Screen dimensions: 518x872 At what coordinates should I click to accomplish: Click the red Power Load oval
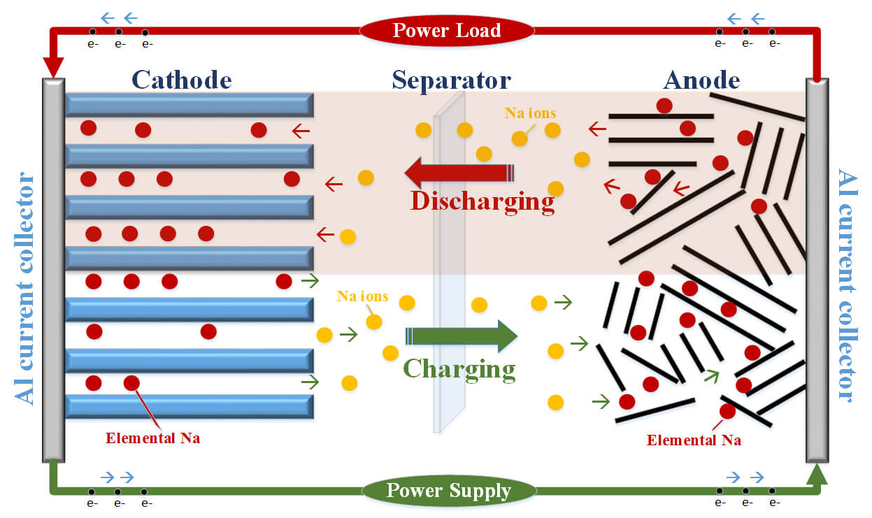tap(446, 31)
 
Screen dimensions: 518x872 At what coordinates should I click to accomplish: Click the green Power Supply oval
tap(448, 491)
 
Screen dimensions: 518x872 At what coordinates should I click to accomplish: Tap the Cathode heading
tap(181, 80)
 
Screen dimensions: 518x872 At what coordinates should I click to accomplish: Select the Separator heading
tap(451, 80)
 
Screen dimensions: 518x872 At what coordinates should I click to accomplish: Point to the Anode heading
tap(701, 80)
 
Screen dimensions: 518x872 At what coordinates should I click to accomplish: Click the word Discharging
tap(482, 201)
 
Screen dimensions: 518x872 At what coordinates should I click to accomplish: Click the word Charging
tap(459, 368)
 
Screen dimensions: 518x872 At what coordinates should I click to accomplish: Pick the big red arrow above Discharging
tap(458, 173)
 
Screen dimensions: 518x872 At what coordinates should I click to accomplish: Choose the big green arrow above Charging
tap(462, 336)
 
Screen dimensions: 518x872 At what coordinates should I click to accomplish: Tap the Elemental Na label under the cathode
tap(152, 439)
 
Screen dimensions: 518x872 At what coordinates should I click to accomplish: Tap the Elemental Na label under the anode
tap(694, 440)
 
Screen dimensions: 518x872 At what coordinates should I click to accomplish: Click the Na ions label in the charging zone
tap(362, 296)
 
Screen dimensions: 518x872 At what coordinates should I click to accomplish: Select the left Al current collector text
tap(27, 287)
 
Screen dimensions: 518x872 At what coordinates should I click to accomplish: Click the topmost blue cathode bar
tap(189, 105)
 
